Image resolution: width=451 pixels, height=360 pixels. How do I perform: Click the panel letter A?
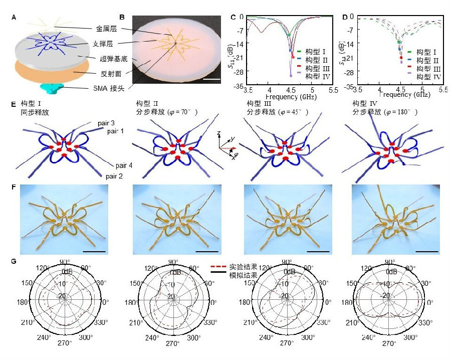coord(14,18)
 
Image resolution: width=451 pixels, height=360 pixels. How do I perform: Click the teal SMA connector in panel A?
coord(55,88)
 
